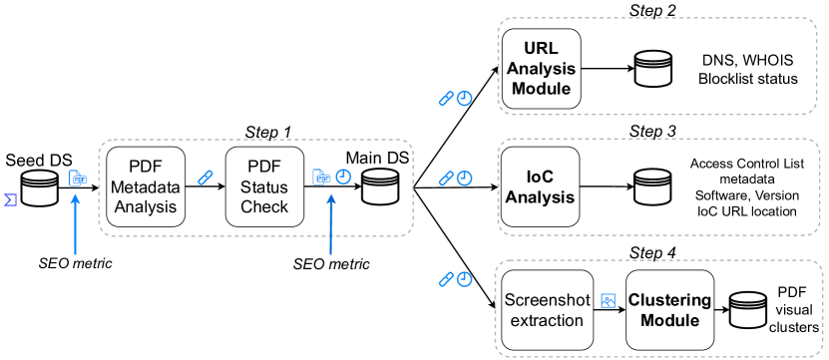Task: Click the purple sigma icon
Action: tap(10, 199)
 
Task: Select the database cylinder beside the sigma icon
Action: tap(40, 187)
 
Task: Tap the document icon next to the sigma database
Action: tap(78, 179)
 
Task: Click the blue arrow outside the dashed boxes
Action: tap(75, 224)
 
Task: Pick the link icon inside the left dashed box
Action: tap(206, 178)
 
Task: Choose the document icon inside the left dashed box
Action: tap(321, 178)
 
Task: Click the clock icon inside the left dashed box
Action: tap(343, 177)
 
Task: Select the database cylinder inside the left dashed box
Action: tap(380, 186)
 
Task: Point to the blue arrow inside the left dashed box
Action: tap(330, 224)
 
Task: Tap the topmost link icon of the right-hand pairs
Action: tap(446, 99)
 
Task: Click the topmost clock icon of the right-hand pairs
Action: tap(465, 99)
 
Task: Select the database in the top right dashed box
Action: tap(653, 69)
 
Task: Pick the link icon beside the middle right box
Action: tap(446, 179)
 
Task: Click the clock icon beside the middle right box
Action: tap(465, 179)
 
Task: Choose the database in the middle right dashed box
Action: tap(653, 186)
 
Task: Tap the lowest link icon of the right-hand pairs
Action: tap(446, 279)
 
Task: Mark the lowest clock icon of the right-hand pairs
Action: tap(465, 279)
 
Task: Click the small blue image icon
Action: tap(608, 300)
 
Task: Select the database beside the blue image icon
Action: tap(748, 309)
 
